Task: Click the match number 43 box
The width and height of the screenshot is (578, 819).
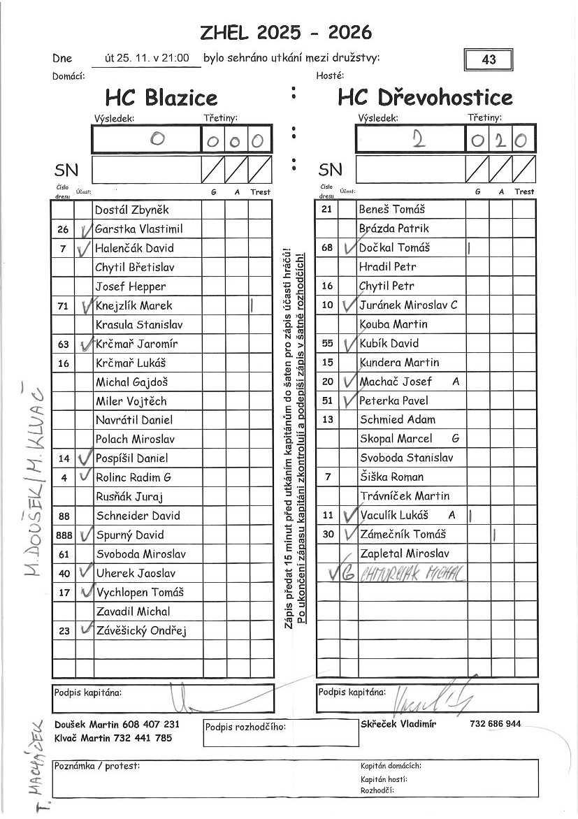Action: pyautogui.click(x=489, y=59)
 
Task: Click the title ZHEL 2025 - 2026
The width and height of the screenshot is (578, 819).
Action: pyautogui.click(x=286, y=32)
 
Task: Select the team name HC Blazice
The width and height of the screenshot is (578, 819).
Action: pyautogui.click(x=161, y=97)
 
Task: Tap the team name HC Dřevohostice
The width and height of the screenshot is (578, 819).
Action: pyautogui.click(x=425, y=97)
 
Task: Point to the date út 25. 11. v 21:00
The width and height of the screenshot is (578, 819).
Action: pyautogui.click(x=147, y=59)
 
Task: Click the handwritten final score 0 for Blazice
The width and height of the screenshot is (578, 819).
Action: pyautogui.click(x=157, y=140)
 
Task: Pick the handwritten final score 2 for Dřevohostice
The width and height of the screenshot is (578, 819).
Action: pyautogui.click(x=418, y=140)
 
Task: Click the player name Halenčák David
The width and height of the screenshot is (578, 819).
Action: pyautogui.click(x=134, y=248)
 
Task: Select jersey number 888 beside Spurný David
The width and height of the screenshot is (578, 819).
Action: pyautogui.click(x=64, y=535)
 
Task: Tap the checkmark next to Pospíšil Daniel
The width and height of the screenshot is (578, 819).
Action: pyautogui.click(x=85, y=458)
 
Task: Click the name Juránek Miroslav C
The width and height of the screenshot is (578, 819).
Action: pyautogui.click(x=408, y=305)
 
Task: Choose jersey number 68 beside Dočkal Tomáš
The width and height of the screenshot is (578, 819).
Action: pyautogui.click(x=327, y=248)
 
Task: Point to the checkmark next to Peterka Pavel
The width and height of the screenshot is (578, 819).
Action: pyautogui.click(x=348, y=400)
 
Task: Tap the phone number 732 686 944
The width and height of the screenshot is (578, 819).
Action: pyautogui.click(x=496, y=724)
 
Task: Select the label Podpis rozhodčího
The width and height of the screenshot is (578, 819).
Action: pyautogui.click(x=245, y=727)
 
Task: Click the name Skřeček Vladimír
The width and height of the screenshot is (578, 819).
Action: pyautogui.click(x=398, y=724)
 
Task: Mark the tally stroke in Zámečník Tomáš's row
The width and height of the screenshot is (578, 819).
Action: pyautogui.click(x=494, y=535)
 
